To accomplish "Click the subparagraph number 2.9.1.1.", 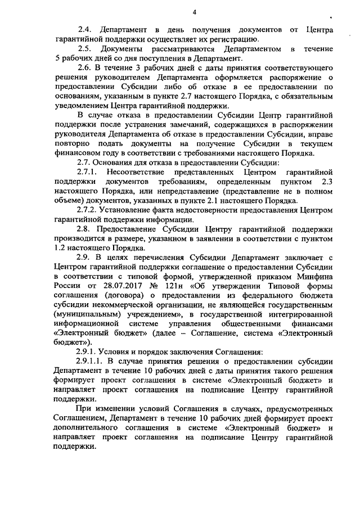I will coord(90,361).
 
